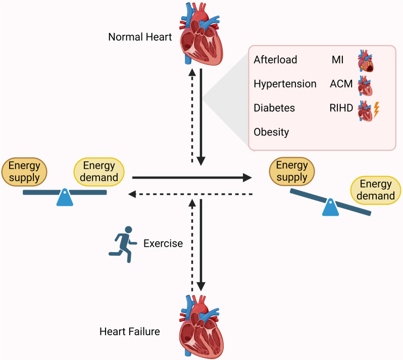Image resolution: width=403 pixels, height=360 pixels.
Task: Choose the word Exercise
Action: (x=163, y=243)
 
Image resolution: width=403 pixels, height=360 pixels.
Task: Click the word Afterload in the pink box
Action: (x=276, y=60)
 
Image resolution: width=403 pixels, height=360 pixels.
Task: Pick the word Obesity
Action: (x=272, y=132)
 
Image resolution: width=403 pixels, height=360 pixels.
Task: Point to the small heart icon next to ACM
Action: (x=365, y=85)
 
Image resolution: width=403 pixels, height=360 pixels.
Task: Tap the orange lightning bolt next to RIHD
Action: (x=375, y=109)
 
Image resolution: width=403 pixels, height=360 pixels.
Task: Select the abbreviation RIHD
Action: (x=339, y=108)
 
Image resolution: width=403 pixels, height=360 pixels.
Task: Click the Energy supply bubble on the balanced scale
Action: (x=24, y=171)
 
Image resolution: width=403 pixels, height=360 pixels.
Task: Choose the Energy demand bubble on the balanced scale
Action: (x=99, y=171)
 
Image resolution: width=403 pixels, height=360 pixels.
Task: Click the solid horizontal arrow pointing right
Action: (x=192, y=177)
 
